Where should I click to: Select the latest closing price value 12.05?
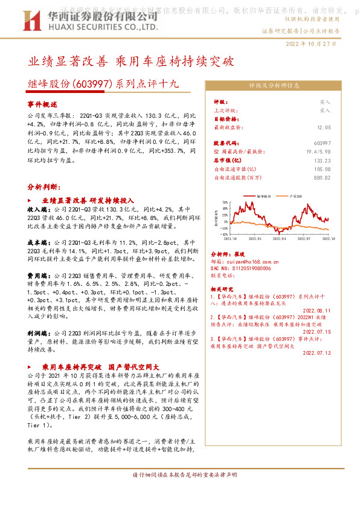(x=324, y=128)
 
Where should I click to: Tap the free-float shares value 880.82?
(x=321, y=178)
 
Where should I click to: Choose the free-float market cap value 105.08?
(x=321, y=170)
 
